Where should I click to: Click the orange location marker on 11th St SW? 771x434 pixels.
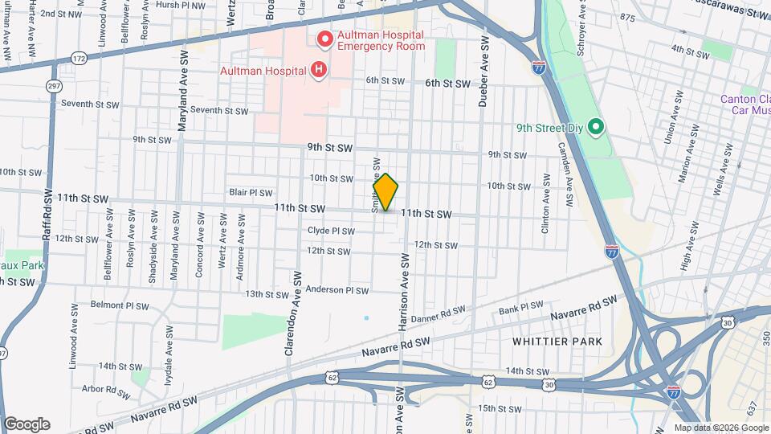pos(385,193)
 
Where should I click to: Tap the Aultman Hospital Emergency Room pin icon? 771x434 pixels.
pos(325,38)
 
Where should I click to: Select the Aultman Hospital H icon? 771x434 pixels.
pos(319,70)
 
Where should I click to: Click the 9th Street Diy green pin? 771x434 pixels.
pos(595,126)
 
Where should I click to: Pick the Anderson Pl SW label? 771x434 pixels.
pos(337,290)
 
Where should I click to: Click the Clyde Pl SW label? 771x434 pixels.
pos(331,231)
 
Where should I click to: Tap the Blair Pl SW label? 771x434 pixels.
pos(251,193)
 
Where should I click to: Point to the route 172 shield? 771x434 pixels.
pos(78,58)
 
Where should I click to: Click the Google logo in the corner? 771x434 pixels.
pos(27,424)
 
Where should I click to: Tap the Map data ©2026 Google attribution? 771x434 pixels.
pos(720,428)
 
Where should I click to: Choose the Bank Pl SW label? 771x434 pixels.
pos(521,307)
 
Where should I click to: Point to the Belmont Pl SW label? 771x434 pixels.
pos(120,305)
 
